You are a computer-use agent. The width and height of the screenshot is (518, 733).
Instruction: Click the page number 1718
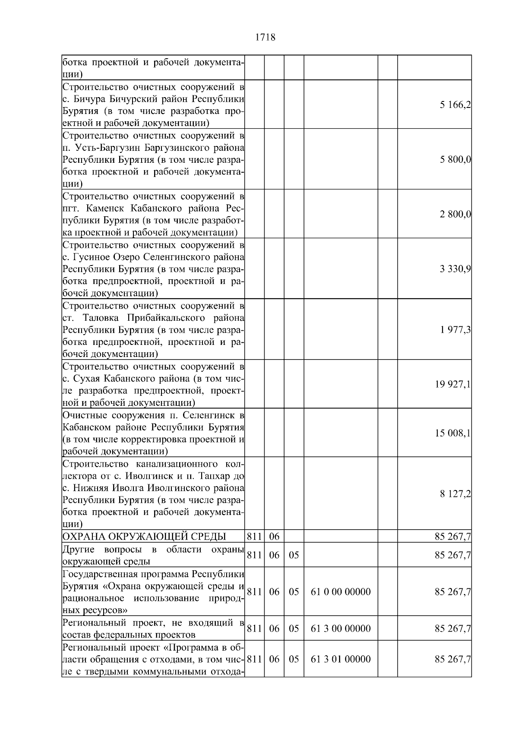[265, 38]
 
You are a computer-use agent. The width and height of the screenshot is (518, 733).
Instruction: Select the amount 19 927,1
[452, 385]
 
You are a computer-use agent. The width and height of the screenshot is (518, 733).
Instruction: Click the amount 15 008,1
[452, 433]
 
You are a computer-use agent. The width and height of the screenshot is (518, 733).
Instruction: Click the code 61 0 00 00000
[341, 592]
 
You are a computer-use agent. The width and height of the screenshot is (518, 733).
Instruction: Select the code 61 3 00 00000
[341, 629]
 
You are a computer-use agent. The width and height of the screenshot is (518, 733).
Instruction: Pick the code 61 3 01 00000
[341, 659]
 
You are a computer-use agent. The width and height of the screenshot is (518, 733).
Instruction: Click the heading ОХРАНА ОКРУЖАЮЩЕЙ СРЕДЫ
[144, 537]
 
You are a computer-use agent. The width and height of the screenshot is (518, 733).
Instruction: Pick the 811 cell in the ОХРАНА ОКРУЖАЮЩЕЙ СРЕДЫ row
[254, 537]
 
